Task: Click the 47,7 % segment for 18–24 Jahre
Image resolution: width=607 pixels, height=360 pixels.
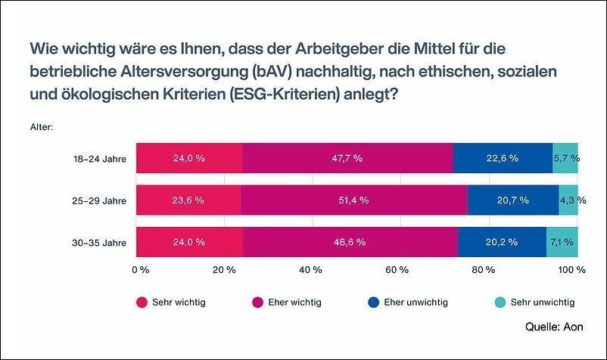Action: (347, 158)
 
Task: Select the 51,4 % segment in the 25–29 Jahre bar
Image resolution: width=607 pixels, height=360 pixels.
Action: (353, 200)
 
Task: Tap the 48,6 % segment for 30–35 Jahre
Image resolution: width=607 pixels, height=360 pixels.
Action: (350, 242)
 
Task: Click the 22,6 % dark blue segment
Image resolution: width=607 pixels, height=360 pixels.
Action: (503, 158)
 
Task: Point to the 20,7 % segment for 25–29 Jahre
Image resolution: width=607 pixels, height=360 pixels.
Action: (513, 200)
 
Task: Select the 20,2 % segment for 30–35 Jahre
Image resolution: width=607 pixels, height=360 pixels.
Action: (502, 242)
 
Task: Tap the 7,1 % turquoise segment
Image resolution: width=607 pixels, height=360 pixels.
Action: (562, 242)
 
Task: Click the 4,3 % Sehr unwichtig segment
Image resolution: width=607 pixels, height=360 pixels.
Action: (568, 200)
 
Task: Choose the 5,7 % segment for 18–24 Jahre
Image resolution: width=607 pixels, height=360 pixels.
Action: (565, 158)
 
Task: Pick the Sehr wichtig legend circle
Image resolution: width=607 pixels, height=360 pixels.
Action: (142, 303)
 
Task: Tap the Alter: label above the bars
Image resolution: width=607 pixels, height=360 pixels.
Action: (41, 127)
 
